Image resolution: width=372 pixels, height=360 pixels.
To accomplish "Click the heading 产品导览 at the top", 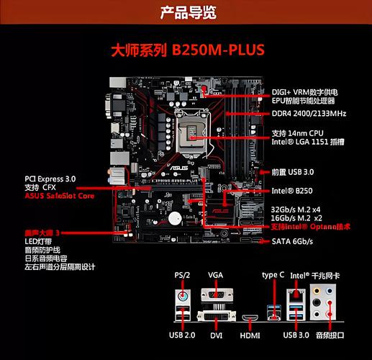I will click(x=186, y=12).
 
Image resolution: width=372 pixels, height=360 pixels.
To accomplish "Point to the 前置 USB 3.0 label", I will click(x=293, y=172).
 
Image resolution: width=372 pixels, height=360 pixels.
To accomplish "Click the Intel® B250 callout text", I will click(x=291, y=192).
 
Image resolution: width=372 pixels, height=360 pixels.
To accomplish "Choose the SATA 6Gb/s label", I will click(x=292, y=240).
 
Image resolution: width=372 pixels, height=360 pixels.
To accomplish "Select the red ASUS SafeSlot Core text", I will click(x=60, y=196).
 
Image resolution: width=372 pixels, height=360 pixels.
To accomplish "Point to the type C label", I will click(x=274, y=276).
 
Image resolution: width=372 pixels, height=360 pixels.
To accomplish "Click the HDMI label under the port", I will click(x=250, y=335).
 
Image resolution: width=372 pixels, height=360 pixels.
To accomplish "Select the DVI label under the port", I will click(x=216, y=335).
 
